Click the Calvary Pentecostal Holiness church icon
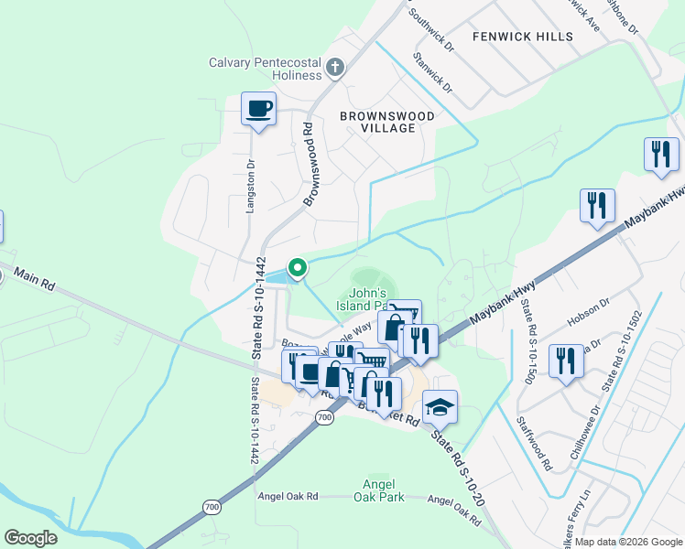click(335, 67)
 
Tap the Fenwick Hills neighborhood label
click(523, 37)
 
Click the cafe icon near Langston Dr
click(258, 110)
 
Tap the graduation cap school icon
click(440, 405)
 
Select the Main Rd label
click(37, 280)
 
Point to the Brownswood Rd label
click(309, 163)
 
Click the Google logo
click(30, 538)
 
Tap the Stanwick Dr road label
click(432, 73)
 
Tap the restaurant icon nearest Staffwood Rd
click(566, 361)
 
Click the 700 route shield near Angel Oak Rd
click(212, 506)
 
